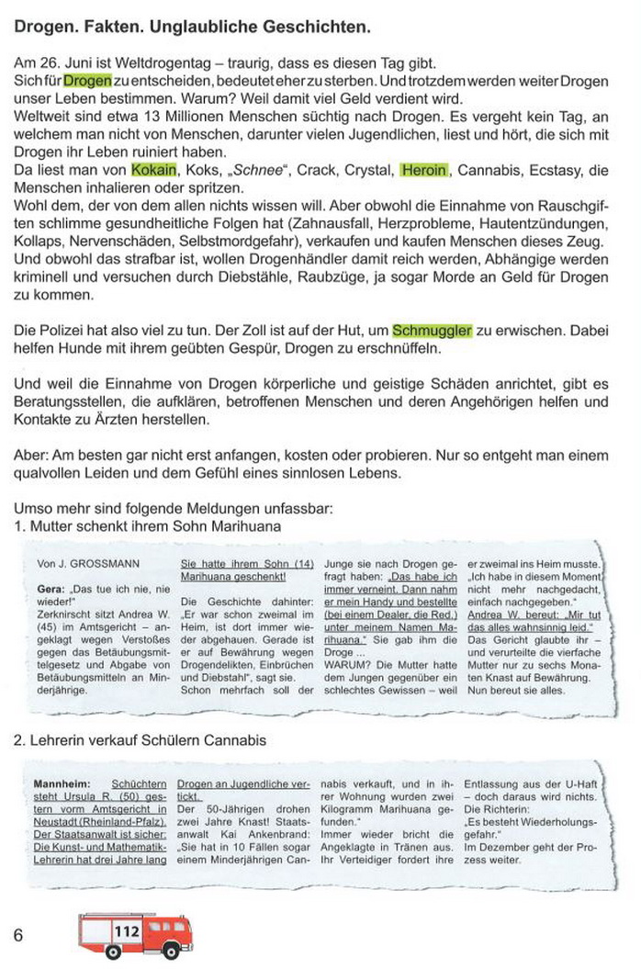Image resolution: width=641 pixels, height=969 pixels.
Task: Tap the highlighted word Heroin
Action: (x=424, y=171)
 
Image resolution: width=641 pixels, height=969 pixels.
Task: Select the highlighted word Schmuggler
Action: (x=432, y=331)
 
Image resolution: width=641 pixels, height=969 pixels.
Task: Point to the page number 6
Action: (x=18, y=934)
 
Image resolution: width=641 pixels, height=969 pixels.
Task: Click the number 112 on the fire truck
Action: (x=127, y=931)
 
